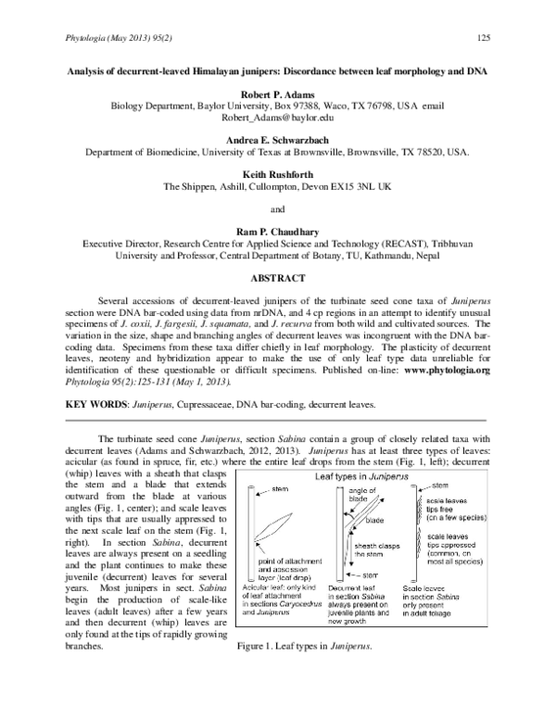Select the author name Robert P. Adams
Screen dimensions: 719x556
[278, 95]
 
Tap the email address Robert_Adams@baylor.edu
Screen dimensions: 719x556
[277, 120]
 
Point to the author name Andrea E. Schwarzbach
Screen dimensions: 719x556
[278, 139]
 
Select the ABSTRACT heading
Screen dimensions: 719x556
[278, 277]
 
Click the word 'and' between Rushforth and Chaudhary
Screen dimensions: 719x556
[278, 209]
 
